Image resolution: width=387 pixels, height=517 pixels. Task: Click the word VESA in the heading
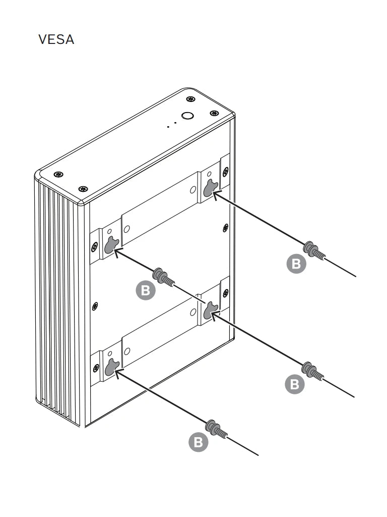tap(56, 39)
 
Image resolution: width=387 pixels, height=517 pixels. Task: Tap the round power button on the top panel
tap(187, 116)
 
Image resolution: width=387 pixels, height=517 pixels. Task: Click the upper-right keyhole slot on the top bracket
tap(210, 188)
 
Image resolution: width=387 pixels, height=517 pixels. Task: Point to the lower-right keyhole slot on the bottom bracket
tap(210, 311)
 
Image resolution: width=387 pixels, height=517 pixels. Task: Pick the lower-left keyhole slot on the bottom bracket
tap(111, 368)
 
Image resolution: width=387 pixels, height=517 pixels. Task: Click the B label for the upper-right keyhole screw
tap(296, 264)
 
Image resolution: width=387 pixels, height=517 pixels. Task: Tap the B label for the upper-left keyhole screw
tap(146, 290)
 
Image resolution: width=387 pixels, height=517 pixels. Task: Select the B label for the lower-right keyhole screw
tap(294, 384)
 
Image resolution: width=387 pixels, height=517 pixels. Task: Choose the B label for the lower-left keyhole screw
tap(198, 442)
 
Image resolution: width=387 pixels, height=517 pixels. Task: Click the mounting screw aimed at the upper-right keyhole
tap(314, 250)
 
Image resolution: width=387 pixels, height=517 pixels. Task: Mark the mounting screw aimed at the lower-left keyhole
tap(216, 430)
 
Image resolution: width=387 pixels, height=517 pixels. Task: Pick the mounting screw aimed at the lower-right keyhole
tap(313, 371)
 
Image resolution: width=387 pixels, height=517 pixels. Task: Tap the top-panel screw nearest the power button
tap(190, 99)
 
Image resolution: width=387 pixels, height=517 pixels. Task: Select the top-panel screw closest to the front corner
tap(83, 189)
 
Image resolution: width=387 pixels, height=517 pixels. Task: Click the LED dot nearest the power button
tap(175, 123)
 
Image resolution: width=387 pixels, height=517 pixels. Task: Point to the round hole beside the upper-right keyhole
tap(193, 190)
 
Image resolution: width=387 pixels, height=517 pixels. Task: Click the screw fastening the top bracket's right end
tap(225, 172)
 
